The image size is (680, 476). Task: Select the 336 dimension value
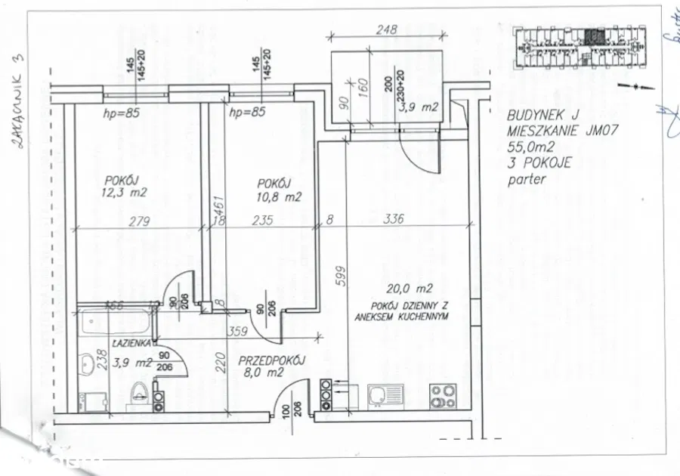coord(394,220)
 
